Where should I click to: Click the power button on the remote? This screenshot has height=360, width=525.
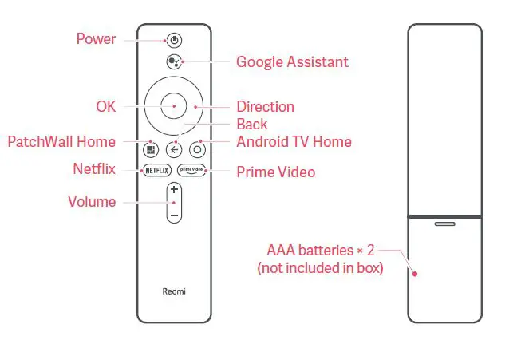point(174,39)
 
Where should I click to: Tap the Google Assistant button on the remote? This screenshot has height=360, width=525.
point(174,62)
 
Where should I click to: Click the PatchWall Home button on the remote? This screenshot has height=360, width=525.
point(151,149)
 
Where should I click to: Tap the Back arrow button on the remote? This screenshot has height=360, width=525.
point(174,149)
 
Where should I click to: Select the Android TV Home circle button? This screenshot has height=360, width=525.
point(198,149)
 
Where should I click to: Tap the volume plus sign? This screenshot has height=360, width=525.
point(174,191)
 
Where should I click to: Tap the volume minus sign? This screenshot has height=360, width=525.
point(174,214)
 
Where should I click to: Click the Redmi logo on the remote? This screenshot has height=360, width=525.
point(174,292)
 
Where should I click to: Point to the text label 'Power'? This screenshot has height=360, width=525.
point(96,38)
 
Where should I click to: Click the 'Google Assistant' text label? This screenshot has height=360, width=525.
point(292,62)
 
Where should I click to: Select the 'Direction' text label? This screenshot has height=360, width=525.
point(265,106)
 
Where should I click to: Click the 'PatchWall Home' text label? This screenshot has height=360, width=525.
point(61,142)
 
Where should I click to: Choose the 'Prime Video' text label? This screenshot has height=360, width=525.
point(275,172)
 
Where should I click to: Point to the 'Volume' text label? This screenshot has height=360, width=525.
point(92,202)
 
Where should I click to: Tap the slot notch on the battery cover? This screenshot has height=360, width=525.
point(444,224)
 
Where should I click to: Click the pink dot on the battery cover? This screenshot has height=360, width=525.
point(415,274)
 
